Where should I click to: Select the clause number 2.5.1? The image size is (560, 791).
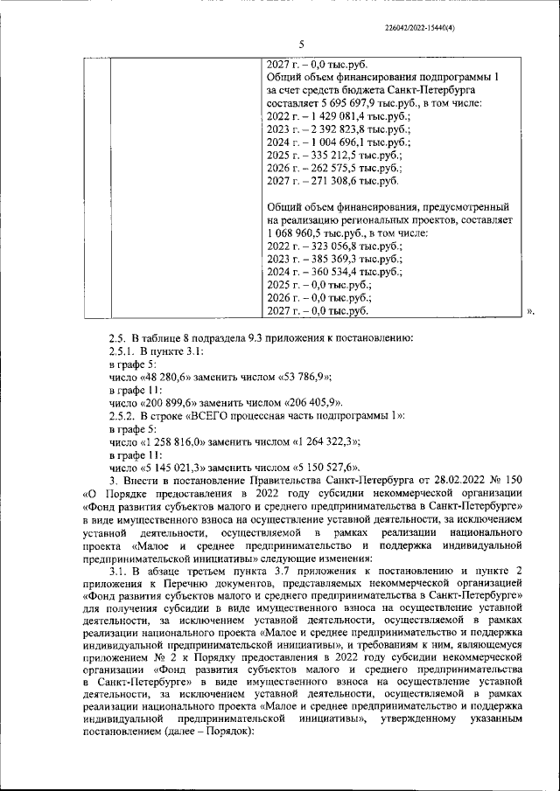pos(124,350)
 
